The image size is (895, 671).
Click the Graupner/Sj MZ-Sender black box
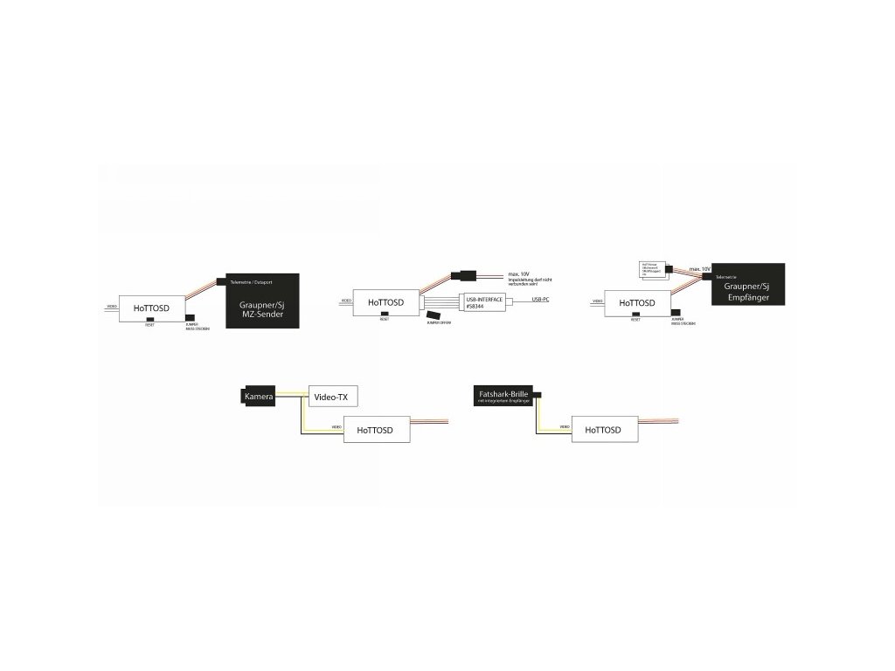coord(263,301)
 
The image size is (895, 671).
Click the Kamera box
coord(259,397)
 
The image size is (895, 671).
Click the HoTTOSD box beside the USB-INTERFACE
coord(385,302)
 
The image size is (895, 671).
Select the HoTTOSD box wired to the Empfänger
coord(635,303)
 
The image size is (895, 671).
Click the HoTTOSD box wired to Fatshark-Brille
coord(604,430)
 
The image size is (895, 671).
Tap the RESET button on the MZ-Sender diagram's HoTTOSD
coord(151,320)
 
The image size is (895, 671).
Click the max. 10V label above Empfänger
coord(699,269)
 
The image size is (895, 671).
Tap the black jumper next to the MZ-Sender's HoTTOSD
coord(191,318)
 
